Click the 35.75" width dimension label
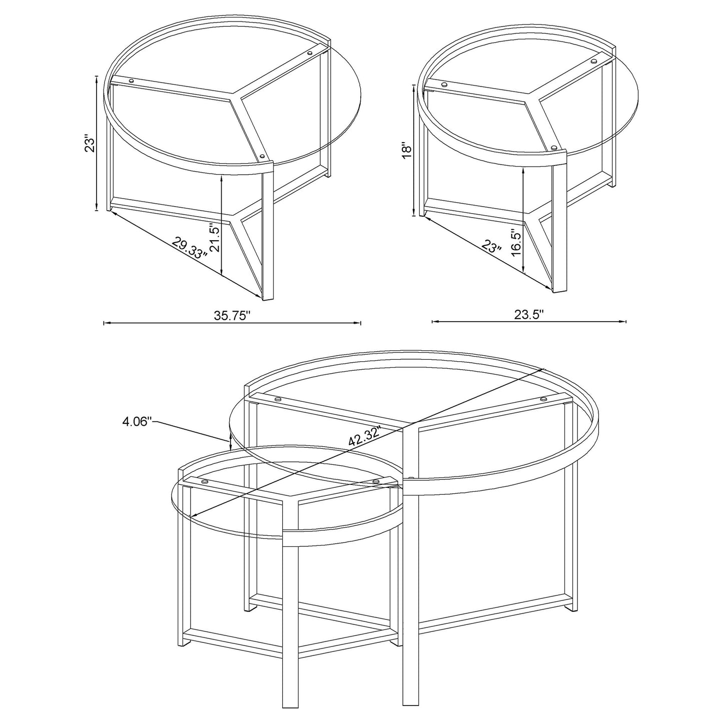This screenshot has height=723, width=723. (232, 316)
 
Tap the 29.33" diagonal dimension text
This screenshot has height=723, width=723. (189, 248)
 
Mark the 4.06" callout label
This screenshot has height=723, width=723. (137, 422)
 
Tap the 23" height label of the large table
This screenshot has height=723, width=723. (89, 144)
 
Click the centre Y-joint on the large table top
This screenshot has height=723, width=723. (234, 98)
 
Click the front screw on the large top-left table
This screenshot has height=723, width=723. (263, 157)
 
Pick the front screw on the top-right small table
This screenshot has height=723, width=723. (553, 147)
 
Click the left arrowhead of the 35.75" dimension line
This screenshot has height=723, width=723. (105, 323)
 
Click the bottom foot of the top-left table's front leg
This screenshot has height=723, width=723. (268, 298)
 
